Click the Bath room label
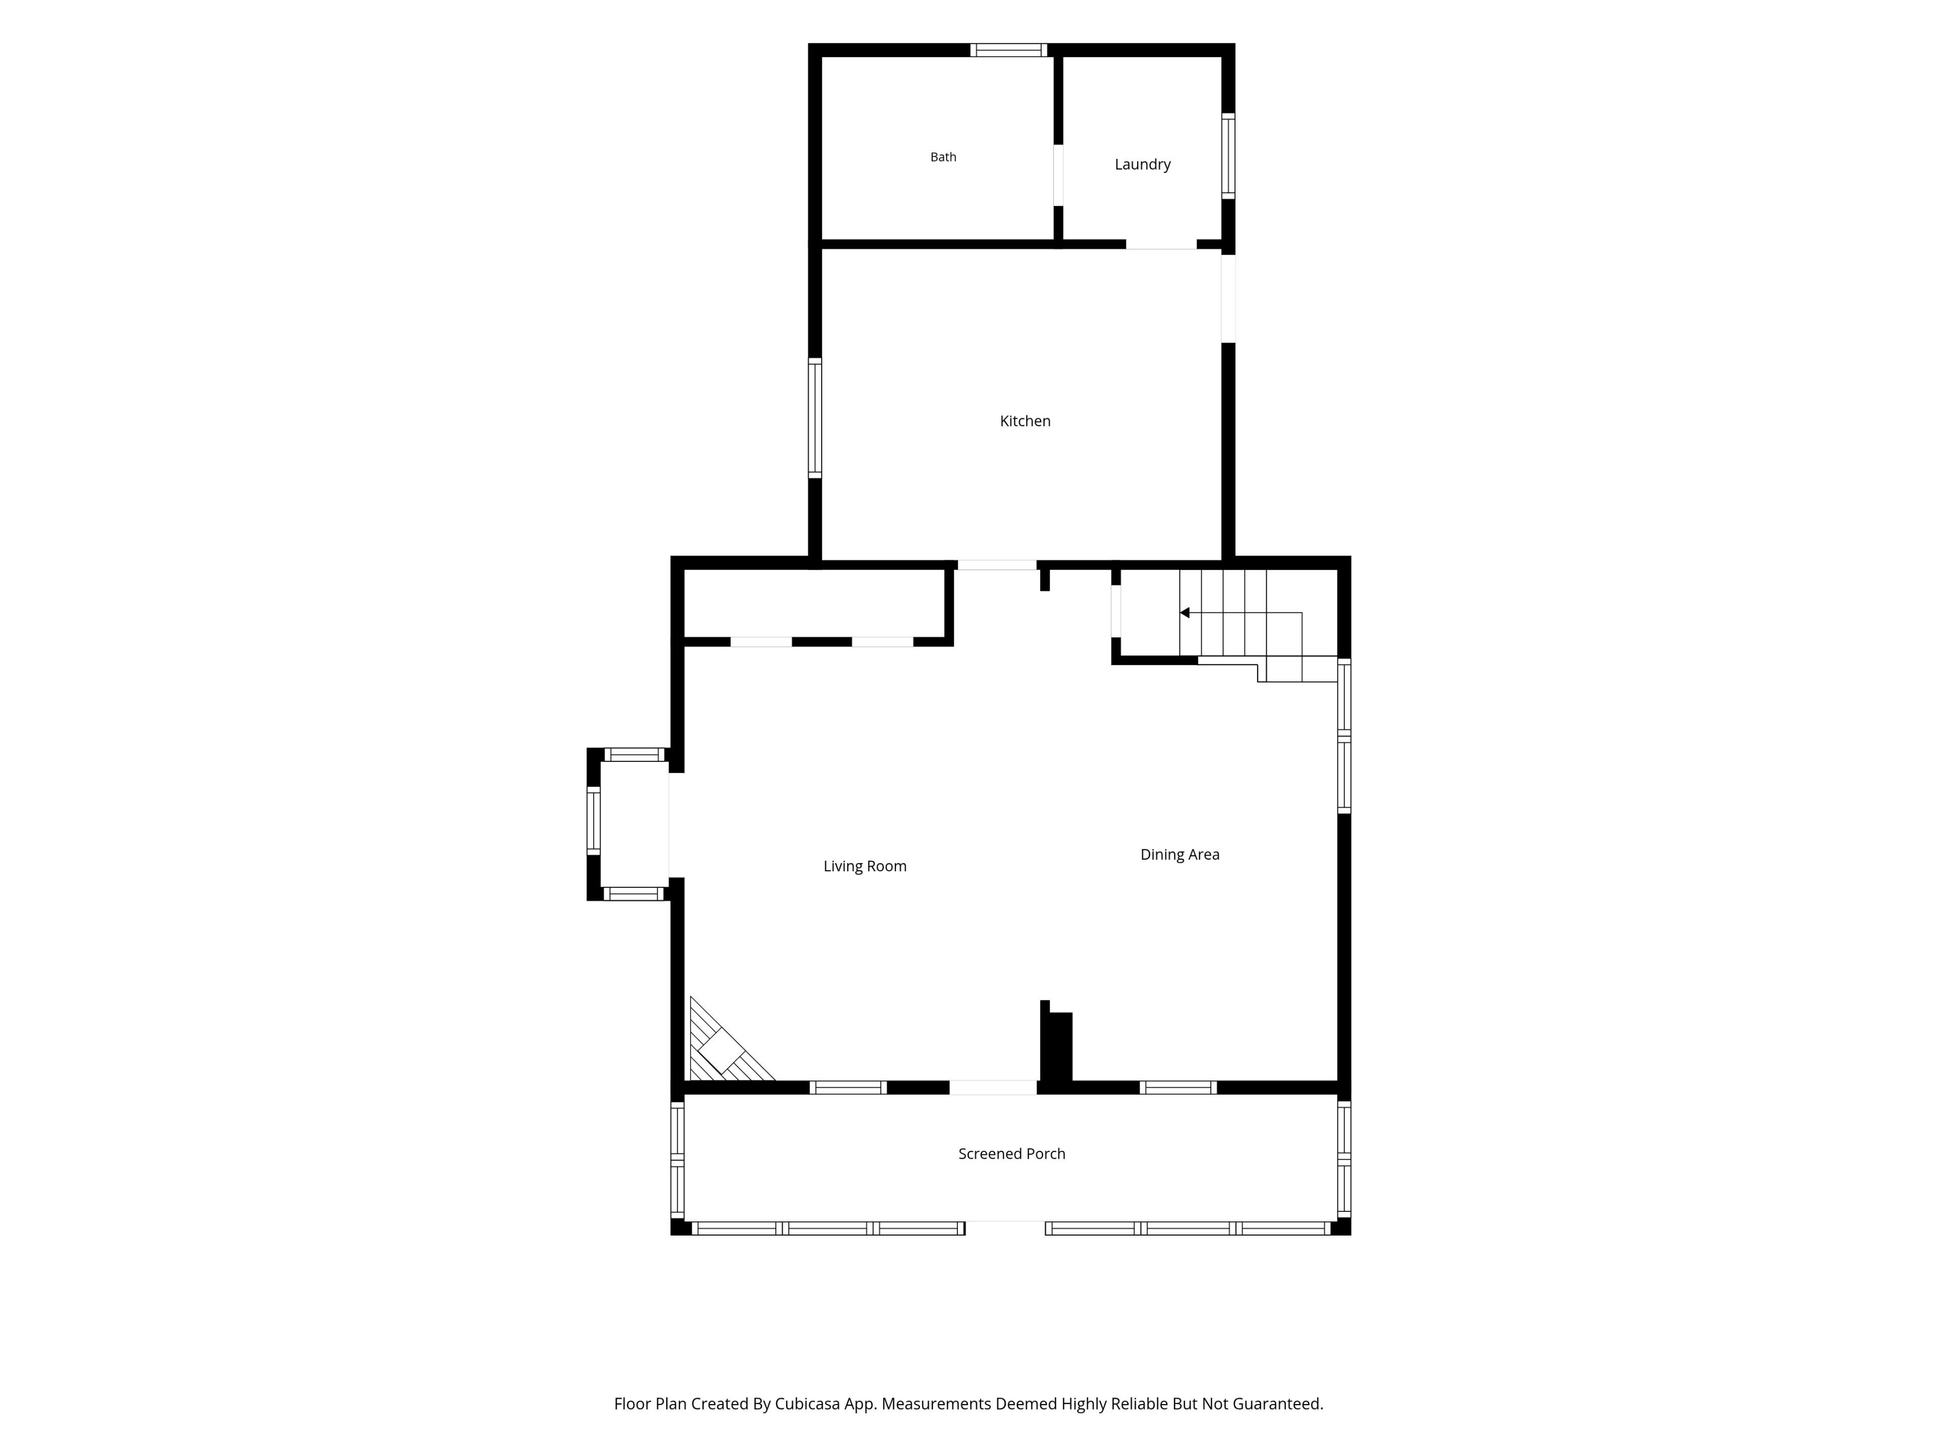[x=943, y=157]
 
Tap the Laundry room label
[x=1143, y=164]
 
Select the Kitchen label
[x=1025, y=421]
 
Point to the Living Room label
[x=865, y=866]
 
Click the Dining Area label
[x=1179, y=855]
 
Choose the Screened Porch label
[x=1012, y=1154]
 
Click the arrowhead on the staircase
[x=1185, y=613]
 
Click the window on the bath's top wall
[x=1008, y=50]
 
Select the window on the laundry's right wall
[x=1228, y=156]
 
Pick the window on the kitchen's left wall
[x=815, y=418]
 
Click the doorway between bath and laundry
[x=1058, y=175]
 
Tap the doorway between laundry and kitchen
[x=1161, y=244]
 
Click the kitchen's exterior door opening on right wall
[x=1228, y=299]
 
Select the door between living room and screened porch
[x=994, y=1088]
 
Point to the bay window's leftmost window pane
[x=593, y=821]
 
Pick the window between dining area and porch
[x=1178, y=1088]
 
